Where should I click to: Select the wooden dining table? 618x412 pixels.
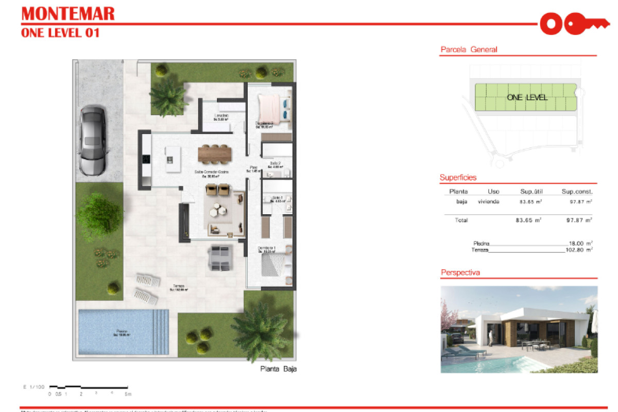pyautogui.click(x=215, y=152)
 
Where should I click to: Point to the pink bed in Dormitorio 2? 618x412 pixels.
pyautogui.click(x=268, y=108)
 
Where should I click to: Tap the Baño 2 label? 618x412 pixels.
pyautogui.click(x=276, y=165)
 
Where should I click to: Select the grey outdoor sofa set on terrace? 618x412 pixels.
pyautogui.click(x=220, y=257)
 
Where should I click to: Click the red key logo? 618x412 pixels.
pyautogui.click(x=570, y=23)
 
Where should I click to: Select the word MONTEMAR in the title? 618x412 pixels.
pyautogui.click(x=67, y=13)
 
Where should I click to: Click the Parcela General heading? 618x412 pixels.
pyautogui.click(x=469, y=50)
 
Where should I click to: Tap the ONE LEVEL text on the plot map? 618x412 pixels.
pyautogui.click(x=527, y=97)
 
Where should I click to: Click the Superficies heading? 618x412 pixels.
pyautogui.click(x=458, y=178)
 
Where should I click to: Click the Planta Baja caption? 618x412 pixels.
pyautogui.click(x=278, y=369)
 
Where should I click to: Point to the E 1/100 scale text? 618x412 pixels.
pyautogui.click(x=34, y=386)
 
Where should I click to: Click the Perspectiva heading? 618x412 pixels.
pyautogui.click(x=460, y=272)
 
